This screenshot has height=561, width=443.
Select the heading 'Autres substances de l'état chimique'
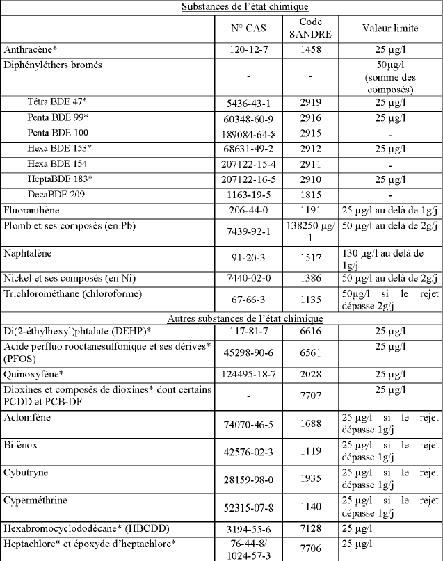click(x=221, y=318)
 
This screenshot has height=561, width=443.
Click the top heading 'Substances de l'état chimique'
click(x=221, y=6)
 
